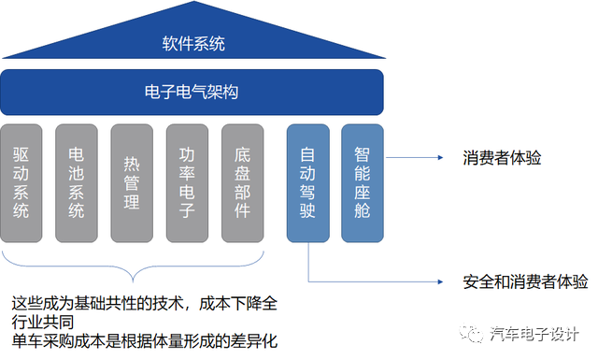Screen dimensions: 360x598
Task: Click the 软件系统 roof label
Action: coord(193,44)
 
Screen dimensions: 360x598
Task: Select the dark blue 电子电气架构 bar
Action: coord(193,92)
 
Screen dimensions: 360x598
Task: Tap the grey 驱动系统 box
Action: coord(21,181)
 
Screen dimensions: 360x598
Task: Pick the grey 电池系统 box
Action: coord(77,181)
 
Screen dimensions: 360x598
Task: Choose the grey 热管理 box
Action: coord(132,181)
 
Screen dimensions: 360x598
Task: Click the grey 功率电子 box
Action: coord(187,181)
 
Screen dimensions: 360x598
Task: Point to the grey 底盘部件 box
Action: coord(242,181)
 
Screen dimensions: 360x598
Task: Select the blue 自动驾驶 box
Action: coord(307,181)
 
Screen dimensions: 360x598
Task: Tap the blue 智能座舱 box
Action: coord(363,181)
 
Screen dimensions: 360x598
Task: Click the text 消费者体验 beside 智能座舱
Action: coord(502,158)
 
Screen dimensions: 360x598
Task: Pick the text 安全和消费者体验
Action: coord(525,281)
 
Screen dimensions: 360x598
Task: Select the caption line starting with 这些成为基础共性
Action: coord(145,305)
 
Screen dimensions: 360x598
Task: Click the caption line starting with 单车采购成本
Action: coord(145,340)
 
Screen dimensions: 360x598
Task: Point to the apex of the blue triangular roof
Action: coord(193,5)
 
